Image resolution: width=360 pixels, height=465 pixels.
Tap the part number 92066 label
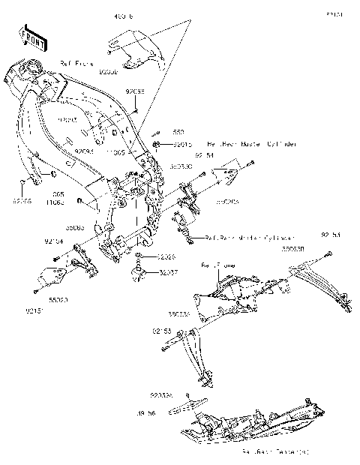(23, 200)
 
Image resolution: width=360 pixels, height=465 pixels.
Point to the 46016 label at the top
(123, 15)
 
